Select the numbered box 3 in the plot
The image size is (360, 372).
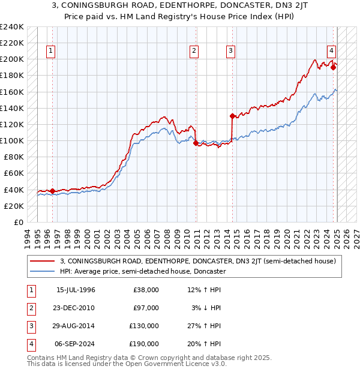230,52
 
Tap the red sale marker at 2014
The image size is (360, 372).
232,116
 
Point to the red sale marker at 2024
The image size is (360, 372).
333,67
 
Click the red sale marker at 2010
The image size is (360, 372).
196,143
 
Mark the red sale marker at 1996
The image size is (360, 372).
52,191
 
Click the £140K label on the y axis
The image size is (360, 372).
12,108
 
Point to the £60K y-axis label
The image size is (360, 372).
14,173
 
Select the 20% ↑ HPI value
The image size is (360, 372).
207,344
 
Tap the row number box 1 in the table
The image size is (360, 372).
30,290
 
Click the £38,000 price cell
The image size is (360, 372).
146,290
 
